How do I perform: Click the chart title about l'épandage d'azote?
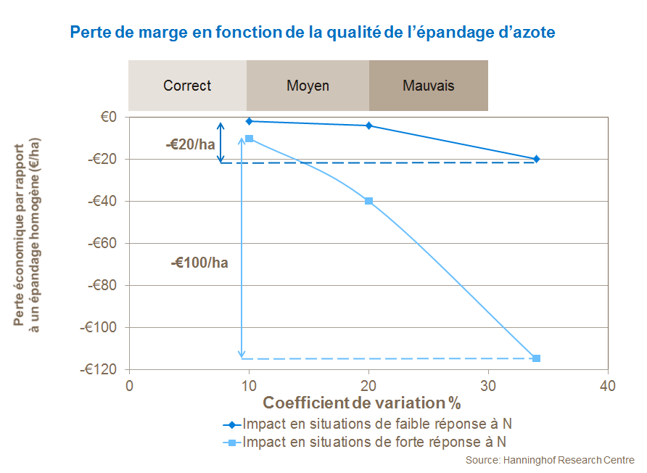point(312,33)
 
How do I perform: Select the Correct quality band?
point(187,86)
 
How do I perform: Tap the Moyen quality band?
point(308,86)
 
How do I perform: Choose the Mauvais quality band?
point(429,86)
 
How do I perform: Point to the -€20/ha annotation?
point(191,144)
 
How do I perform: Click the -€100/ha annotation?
point(199,263)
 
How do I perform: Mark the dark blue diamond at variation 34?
point(536,159)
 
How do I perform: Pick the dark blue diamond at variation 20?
point(369,126)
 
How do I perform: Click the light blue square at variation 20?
point(369,201)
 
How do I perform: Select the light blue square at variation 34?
point(536,358)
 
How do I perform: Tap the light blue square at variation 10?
point(250,138)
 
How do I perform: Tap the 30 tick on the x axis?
point(488,386)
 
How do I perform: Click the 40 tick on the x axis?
point(608,386)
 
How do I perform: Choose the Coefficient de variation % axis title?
point(362,403)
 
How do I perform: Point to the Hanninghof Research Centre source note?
point(550,461)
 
